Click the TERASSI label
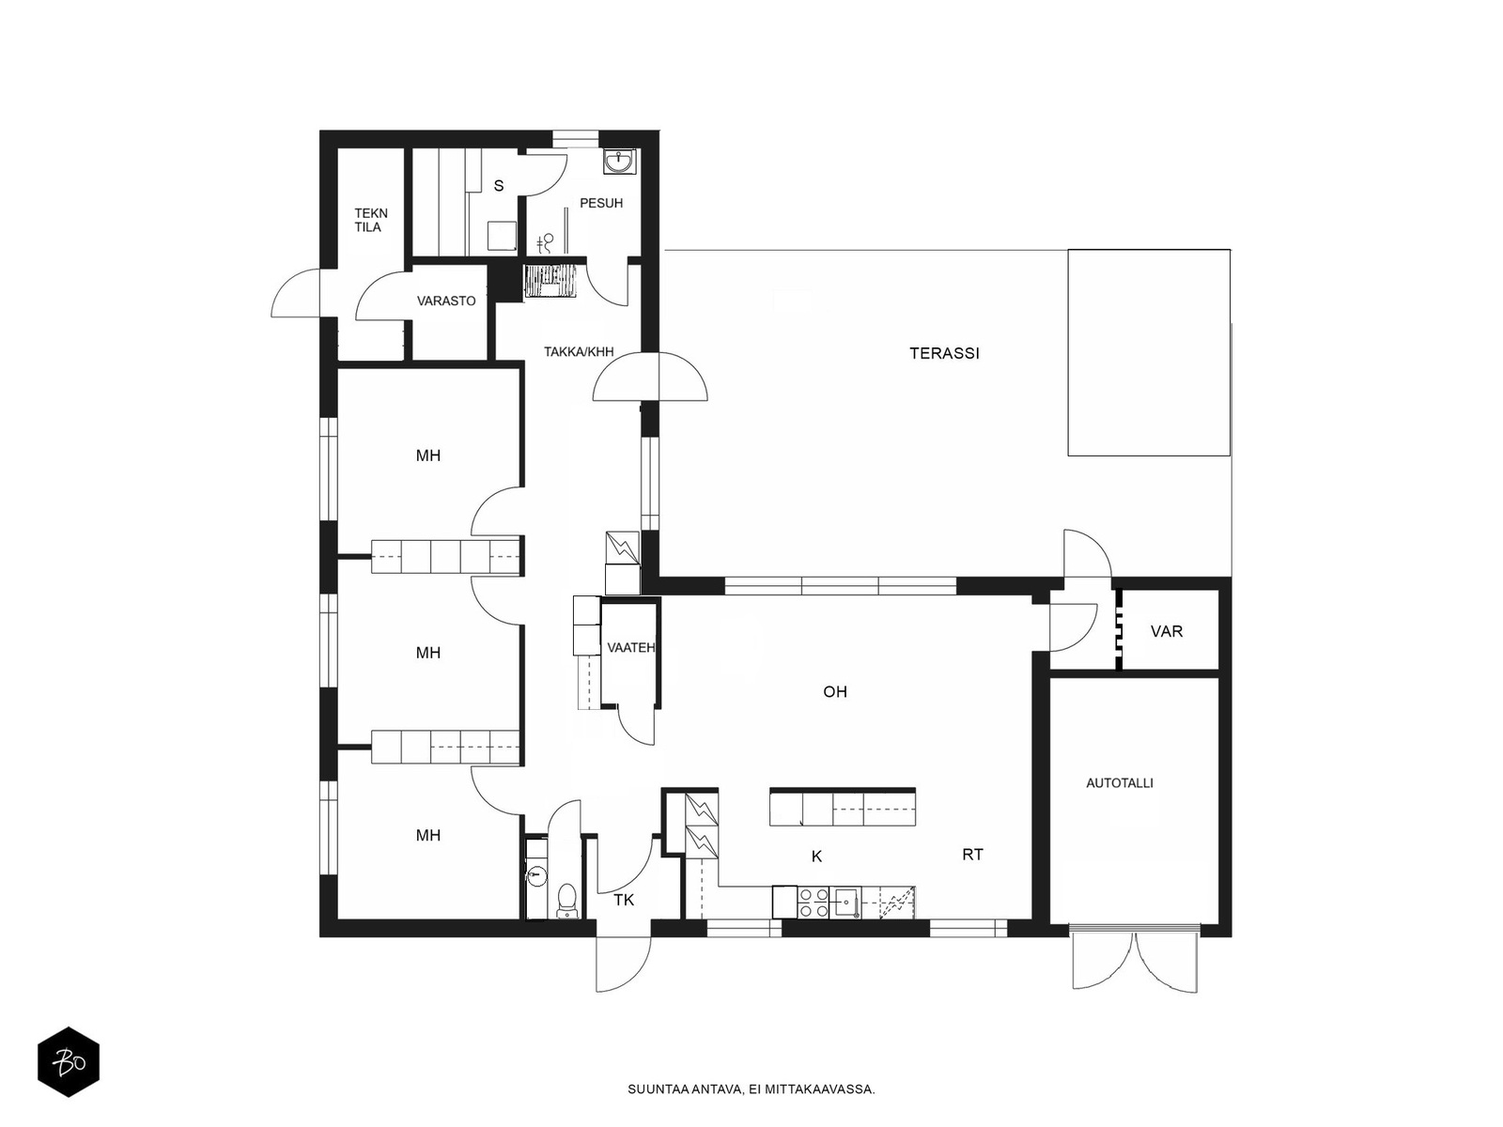[943, 353]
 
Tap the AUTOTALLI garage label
[1120, 783]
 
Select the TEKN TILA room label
[370, 221]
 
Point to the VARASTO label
[446, 301]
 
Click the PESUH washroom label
[601, 203]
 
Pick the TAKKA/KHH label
[579, 351]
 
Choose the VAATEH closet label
[630, 647]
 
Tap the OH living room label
[835, 692]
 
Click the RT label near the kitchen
[972, 854]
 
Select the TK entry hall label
[623, 900]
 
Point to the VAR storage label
[1166, 631]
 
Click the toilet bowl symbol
[566, 900]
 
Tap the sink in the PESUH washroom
[620, 162]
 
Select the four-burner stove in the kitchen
[813, 902]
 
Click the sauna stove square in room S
[502, 236]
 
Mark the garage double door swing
[1136, 959]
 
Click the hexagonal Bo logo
[69, 1062]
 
